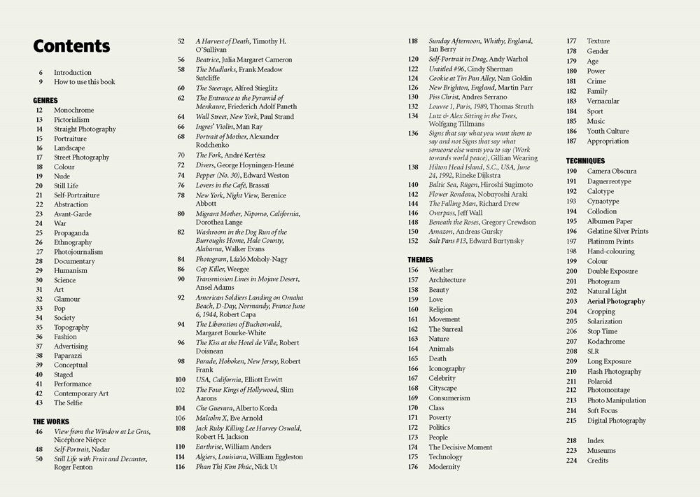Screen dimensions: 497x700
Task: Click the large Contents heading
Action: click(x=71, y=46)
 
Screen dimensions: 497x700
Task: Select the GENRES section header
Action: click(x=45, y=100)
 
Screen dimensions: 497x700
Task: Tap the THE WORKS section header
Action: click(x=51, y=421)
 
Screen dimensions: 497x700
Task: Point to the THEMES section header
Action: click(x=420, y=260)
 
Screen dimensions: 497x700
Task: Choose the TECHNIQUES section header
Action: click(x=585, y=161)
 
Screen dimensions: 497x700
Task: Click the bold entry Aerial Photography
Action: click(x=616, y=302)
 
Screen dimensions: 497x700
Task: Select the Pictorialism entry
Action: click(x=72, y=120)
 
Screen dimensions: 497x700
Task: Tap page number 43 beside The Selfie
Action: click(x=39, y=402)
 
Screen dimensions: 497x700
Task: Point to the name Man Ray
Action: click(x=249, y=127)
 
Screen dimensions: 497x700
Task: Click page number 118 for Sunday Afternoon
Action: click(x=413, y=41)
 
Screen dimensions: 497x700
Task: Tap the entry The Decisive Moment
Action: click(x=461, y=447)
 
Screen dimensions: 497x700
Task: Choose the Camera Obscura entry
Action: click(x=612, y=171)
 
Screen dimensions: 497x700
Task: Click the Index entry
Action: click(x=596, y=441)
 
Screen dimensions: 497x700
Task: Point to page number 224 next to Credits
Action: click(x=572, y=461)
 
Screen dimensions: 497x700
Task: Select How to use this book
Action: click(x=85, y=82)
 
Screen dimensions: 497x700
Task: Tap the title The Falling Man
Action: click(x=454, y=204)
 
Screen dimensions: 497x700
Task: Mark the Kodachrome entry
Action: click(x=605, y=342)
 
